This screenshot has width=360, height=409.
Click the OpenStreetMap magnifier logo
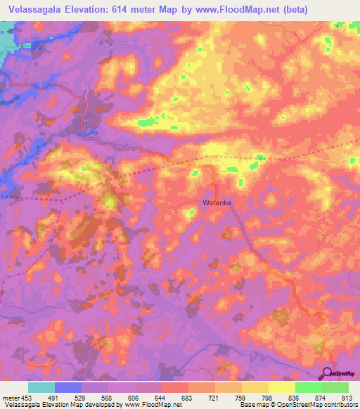328,372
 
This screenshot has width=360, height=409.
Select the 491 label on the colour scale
56,398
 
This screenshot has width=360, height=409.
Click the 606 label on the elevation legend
136,398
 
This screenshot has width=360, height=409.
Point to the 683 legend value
189,398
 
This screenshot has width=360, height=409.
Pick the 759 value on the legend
243,398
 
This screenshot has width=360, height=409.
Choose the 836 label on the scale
296,398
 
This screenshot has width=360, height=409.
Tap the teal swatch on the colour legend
41,387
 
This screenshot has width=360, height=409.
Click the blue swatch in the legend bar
68,387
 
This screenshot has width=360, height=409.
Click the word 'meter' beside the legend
11,398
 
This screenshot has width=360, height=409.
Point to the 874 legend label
323,398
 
